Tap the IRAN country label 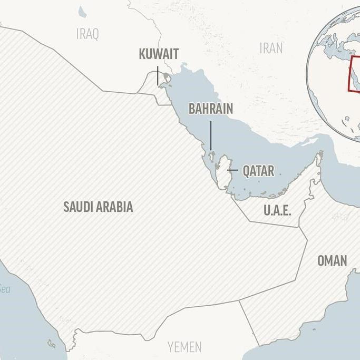[x=271, y=48]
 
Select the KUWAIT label [x=159, y=54]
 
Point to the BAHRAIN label [x=210, y=109]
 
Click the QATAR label [x=258, y=171]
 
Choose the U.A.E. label [x=277, y=210]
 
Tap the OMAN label [x=332, y=260]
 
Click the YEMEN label [x=184, y=347]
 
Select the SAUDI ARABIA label [x=98, y=207]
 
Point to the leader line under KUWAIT [x=158, y=76]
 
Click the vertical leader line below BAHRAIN [x=211, y=136]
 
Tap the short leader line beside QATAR [x=232, y=171]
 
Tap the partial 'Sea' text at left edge [x=5, y=289]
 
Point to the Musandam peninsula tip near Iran [x=319, y=154]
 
